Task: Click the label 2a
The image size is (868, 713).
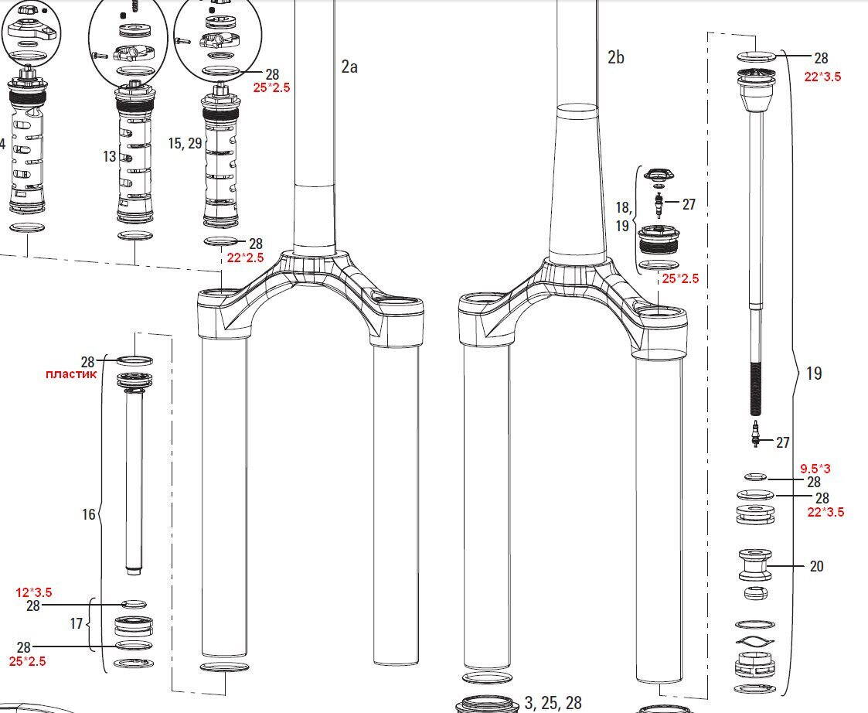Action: point(349,67)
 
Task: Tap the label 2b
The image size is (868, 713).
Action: point(615,57)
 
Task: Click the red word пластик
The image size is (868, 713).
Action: point(71,374)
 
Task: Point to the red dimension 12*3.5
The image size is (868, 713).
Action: point(34,592)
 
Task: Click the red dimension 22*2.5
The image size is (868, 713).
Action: point(245,258)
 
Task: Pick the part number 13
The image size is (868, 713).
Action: point(109,156)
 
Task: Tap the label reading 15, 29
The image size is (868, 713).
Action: point(184,143)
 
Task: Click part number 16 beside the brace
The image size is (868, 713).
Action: point(89,514)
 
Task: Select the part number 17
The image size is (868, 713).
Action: point(77,623)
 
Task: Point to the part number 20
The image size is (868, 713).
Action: point(816,566)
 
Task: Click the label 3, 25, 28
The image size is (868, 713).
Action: point(553,702)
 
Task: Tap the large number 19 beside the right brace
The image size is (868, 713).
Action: point(813,374)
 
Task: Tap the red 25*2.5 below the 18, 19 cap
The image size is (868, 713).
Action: point(680,278)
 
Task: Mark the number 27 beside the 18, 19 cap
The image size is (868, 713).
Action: point(689,204)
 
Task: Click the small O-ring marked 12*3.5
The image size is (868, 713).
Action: point(134,604)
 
